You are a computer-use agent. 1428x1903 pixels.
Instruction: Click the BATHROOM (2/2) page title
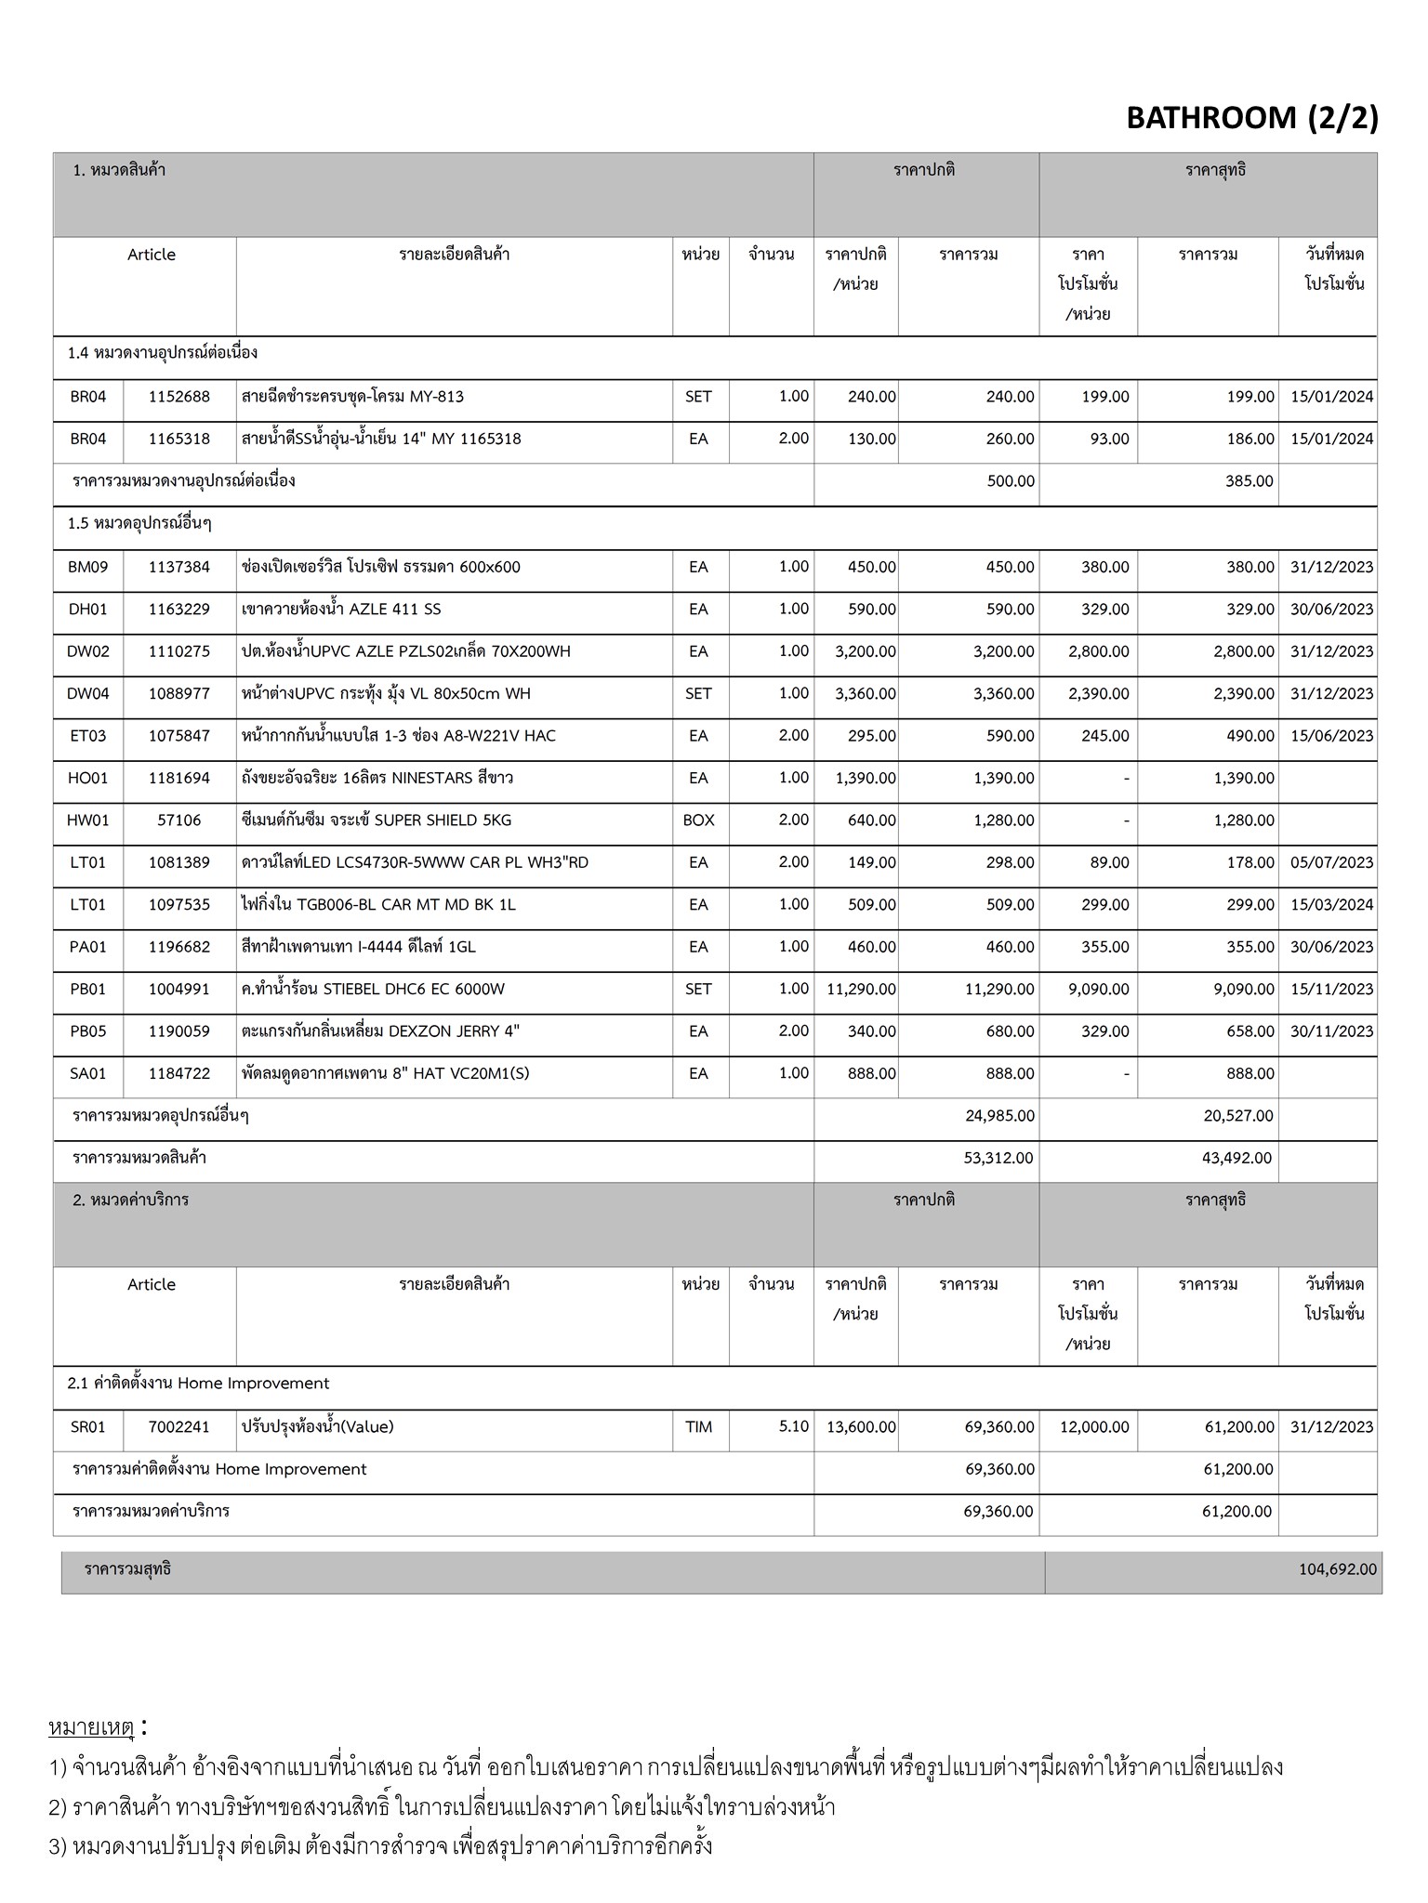point(1251,118)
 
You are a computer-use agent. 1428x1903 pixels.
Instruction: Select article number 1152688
point(179,397)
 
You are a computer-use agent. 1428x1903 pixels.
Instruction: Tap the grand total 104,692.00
point(1337,1569)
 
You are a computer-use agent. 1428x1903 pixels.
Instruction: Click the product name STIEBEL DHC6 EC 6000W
point(373,989)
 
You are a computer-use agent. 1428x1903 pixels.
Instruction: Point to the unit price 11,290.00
point(861,989)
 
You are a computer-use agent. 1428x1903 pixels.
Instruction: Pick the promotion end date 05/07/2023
point(1331,862)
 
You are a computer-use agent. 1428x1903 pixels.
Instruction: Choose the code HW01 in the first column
point(88,820)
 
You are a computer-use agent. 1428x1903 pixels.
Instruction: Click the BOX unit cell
point(698,820)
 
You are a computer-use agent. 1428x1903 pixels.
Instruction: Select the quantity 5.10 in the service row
point(794,1426)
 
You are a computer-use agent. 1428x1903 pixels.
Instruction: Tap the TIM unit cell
point(698,1426)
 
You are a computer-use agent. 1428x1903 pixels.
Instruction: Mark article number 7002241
point(179,1426)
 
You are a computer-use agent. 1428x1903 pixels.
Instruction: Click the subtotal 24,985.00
point(999,1115)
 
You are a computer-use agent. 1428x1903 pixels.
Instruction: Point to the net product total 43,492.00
point(1237,1158)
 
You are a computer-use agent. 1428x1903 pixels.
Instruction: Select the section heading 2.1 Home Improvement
point(198,1384)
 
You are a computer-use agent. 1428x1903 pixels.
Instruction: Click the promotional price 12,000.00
point(1094,1426)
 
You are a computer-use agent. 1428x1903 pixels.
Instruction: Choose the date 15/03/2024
point(1331,904)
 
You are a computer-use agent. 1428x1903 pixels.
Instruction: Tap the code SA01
point(88,1073)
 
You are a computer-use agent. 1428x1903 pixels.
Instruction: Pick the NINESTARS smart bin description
point(377,778)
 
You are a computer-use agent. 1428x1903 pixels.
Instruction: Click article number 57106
point(179,820)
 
